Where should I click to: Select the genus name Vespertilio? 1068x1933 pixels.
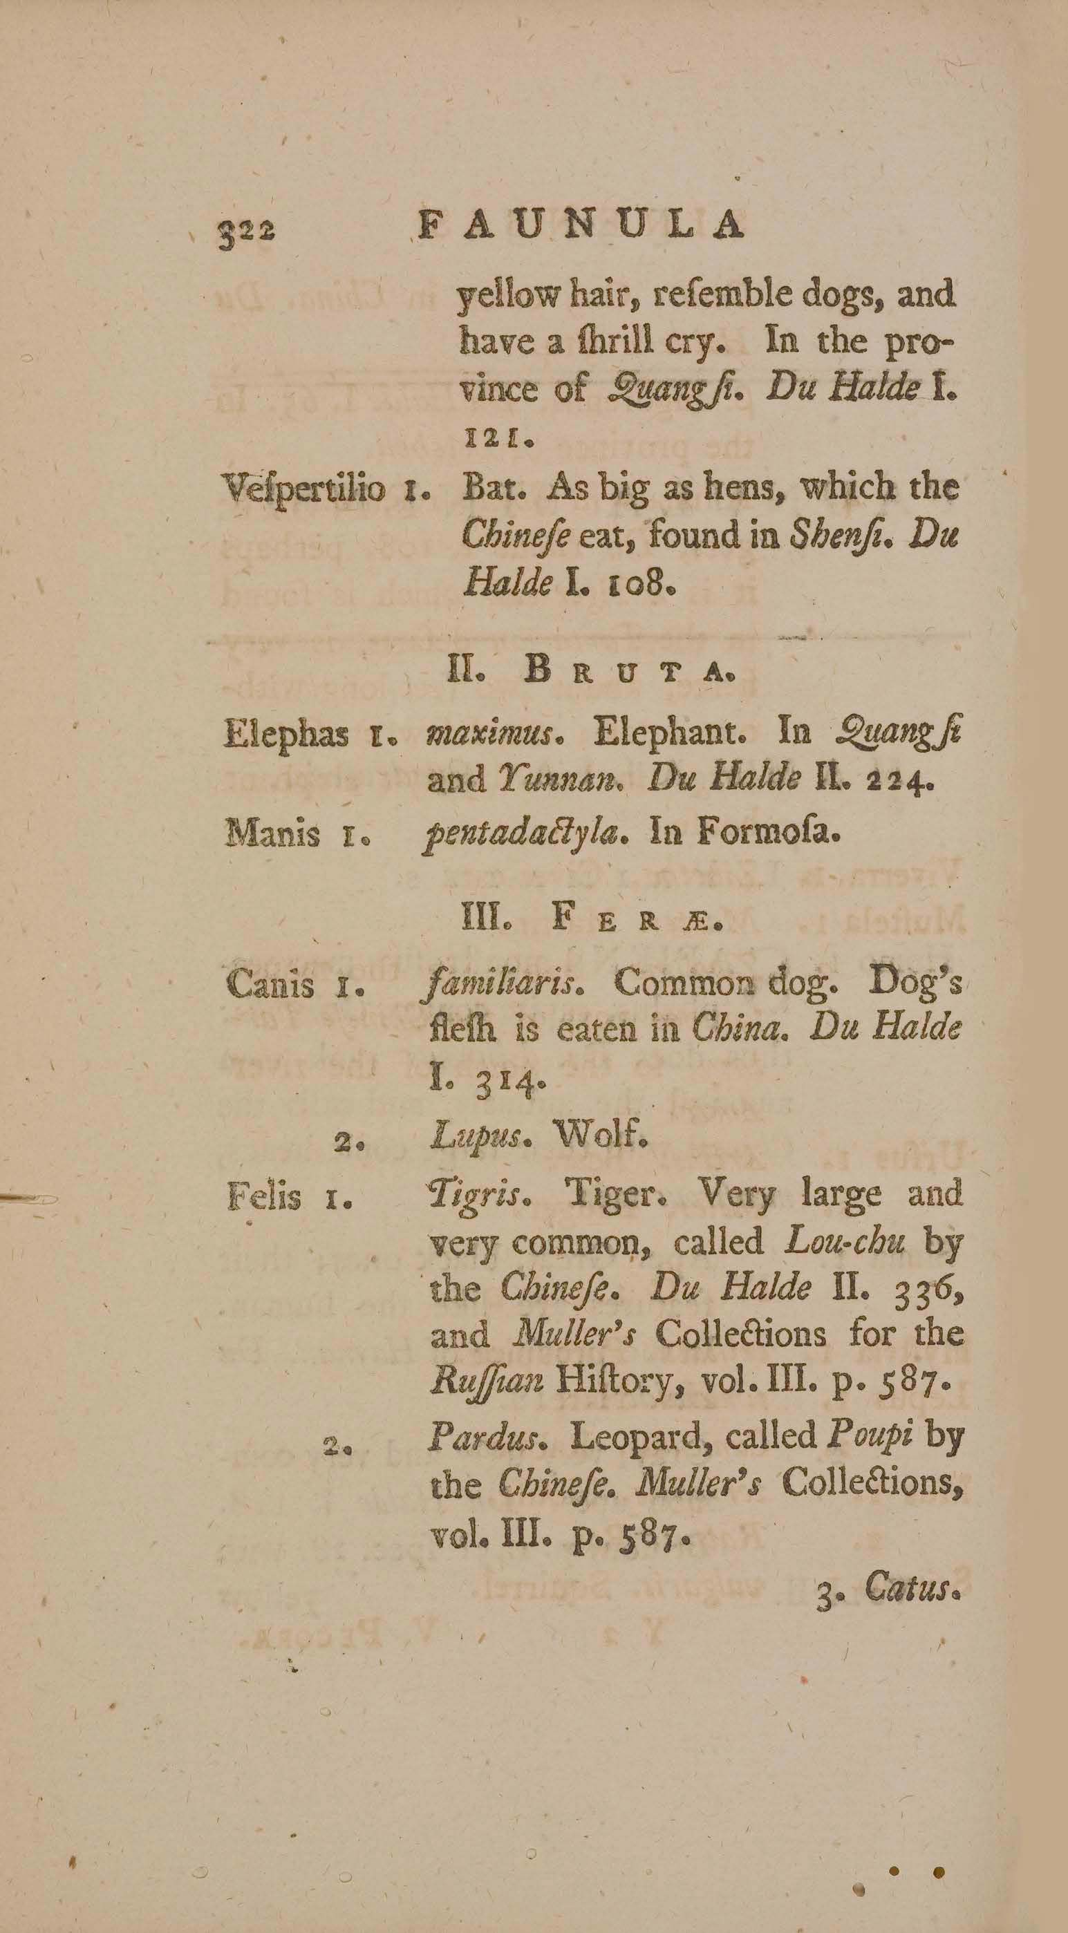(x=305, y=491)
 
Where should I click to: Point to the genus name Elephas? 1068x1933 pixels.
(x=286, y=734)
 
